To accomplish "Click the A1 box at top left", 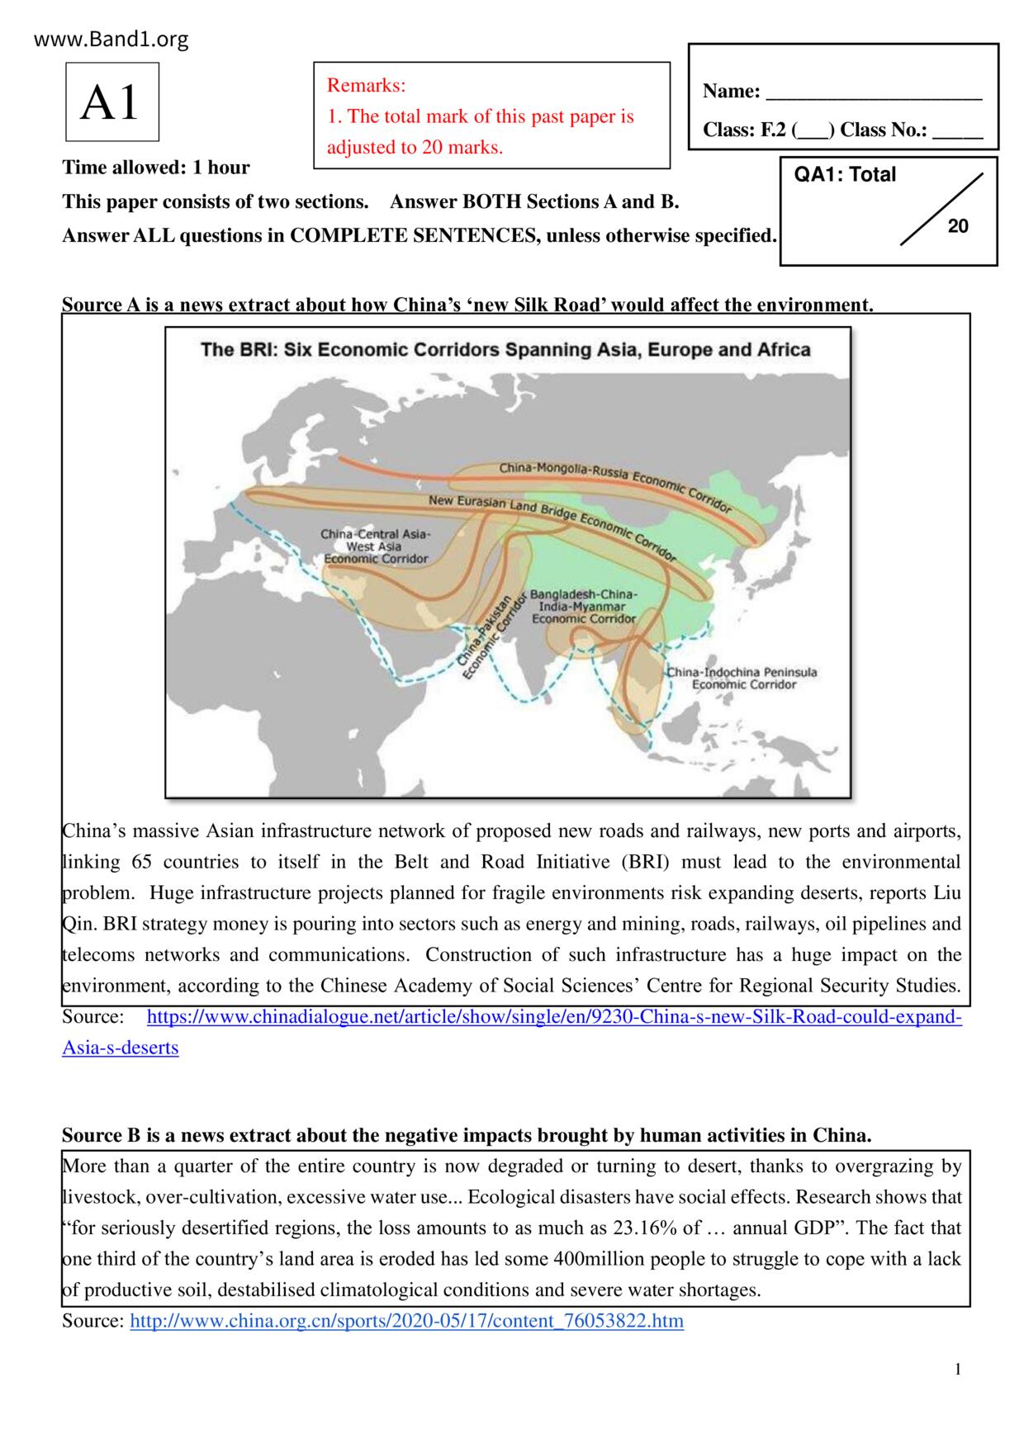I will pyautogui.click(x=111, y=102).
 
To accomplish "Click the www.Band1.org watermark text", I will pyautogui.click(x=111, y=39).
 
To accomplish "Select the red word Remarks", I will pyautogui.click(x=366, y=85).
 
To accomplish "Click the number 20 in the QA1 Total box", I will pyautogui.click(x=958, y=226).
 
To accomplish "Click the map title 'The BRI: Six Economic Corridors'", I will pyautogui.click(x=505, y=349).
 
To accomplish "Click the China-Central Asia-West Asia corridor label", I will pyautogui.click(x=375, y=547).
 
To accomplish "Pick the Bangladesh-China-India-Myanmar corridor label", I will pyautogui.click(x=583, y=606).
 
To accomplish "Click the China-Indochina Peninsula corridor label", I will pyautogui.click(x=742, y=678).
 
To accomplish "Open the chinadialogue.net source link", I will pyautogui.click(x=553, y=1017).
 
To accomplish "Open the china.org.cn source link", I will pyautogui.click(x=407, y=1321).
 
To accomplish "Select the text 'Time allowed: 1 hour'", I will pyautogui.click(x=156, y=168).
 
